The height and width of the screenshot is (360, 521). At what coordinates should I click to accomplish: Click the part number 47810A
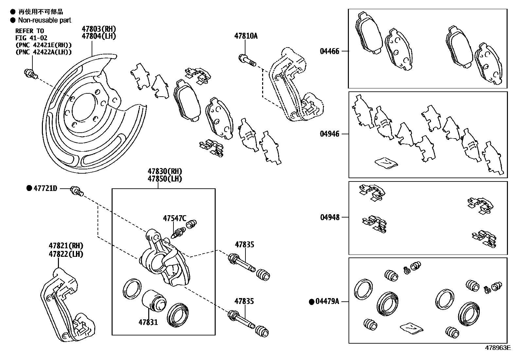(245, 36)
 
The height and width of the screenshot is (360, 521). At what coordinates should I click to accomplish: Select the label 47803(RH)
(99, 29)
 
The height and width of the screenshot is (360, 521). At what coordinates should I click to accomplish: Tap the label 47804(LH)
(99, 36)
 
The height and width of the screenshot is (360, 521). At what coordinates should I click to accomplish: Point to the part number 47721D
(45, 188)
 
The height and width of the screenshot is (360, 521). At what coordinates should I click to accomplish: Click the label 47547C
(174, 218)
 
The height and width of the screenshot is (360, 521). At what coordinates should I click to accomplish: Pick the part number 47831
(148, 322)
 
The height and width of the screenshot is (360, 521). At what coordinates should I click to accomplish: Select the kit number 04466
(330, 51)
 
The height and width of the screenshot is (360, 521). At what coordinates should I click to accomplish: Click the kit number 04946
(330, 134)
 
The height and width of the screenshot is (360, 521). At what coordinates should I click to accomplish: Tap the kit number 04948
(330, 217)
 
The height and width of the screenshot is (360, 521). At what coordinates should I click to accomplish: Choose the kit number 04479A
(327, 302)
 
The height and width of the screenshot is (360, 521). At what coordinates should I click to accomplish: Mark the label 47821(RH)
(66, 246)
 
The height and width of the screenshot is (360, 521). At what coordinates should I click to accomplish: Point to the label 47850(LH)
(165, 179)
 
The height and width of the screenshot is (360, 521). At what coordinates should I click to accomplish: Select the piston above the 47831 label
(154, 301)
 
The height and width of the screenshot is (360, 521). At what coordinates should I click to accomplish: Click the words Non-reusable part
(45, 20)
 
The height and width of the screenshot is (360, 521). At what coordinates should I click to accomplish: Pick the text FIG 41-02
(31, 38)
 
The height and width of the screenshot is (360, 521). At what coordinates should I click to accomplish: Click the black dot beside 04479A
(312, 302)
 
